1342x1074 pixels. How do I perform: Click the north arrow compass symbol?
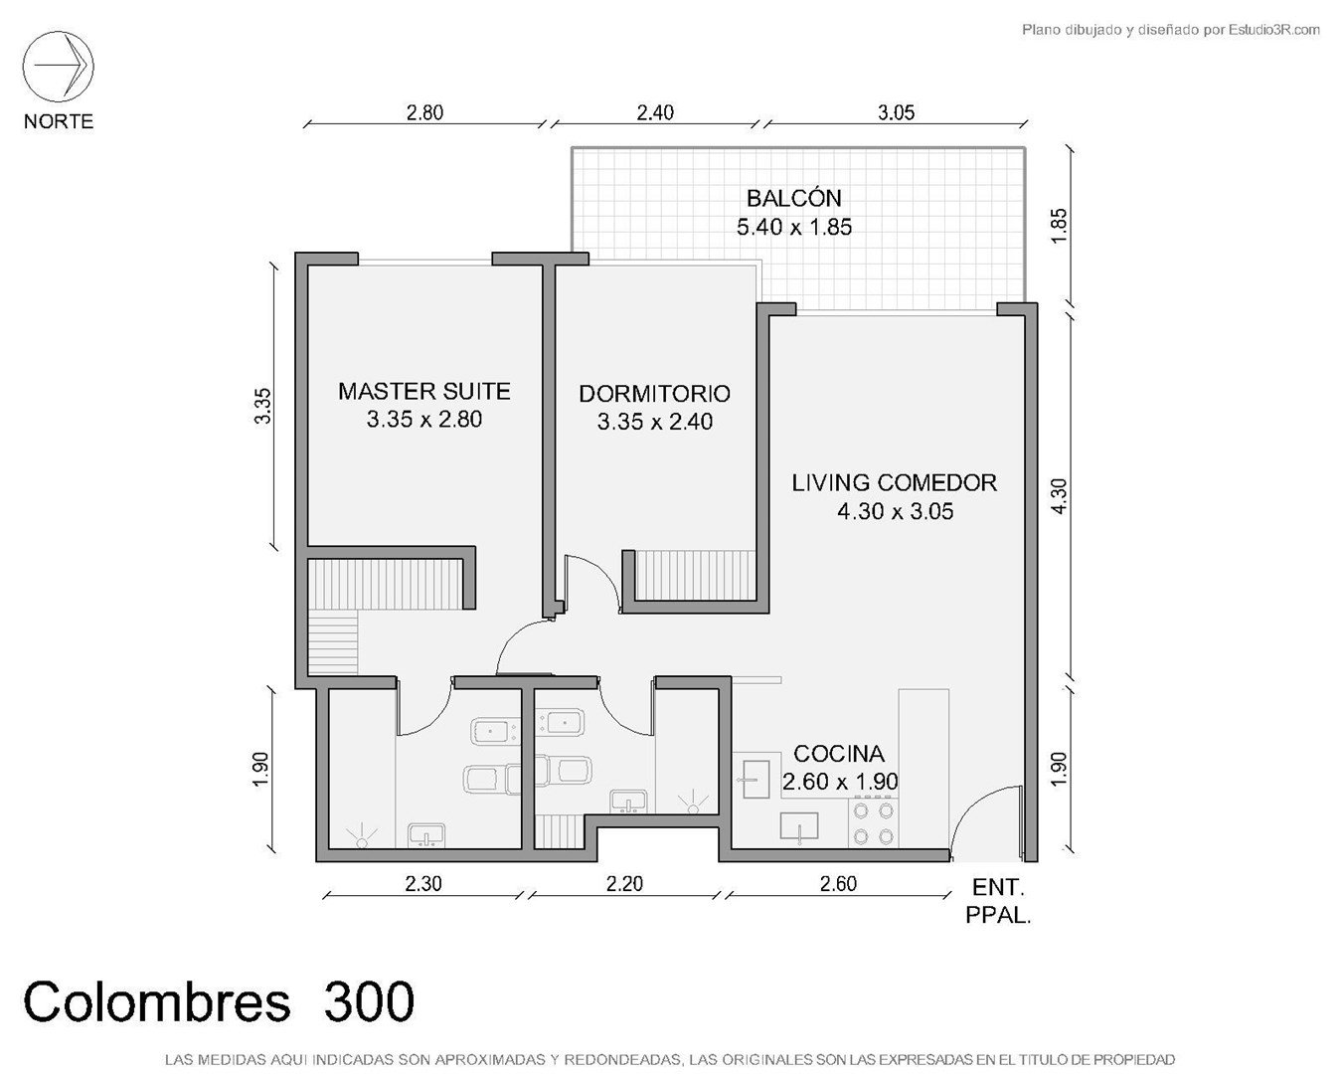58,67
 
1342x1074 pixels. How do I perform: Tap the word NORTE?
59,121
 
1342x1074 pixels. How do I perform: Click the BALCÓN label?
794,199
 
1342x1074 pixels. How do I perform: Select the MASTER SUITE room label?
424,391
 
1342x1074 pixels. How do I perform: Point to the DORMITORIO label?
654,394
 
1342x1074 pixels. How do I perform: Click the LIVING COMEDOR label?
895,483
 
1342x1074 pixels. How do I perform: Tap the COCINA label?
839,754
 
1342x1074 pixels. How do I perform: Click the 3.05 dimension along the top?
896,113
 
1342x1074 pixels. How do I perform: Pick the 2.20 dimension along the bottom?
624,884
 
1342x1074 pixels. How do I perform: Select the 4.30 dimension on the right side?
1059,496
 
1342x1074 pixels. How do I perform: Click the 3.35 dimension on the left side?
263,407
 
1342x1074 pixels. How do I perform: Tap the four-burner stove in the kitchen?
873,823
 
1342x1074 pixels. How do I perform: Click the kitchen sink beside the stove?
799,826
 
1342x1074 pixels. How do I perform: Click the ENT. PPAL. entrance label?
998,901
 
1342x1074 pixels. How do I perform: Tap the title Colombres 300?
219,1001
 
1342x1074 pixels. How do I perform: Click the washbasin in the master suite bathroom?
426,835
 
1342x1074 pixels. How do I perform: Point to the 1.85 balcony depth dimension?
1059,226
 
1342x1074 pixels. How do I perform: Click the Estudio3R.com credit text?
1170,30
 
